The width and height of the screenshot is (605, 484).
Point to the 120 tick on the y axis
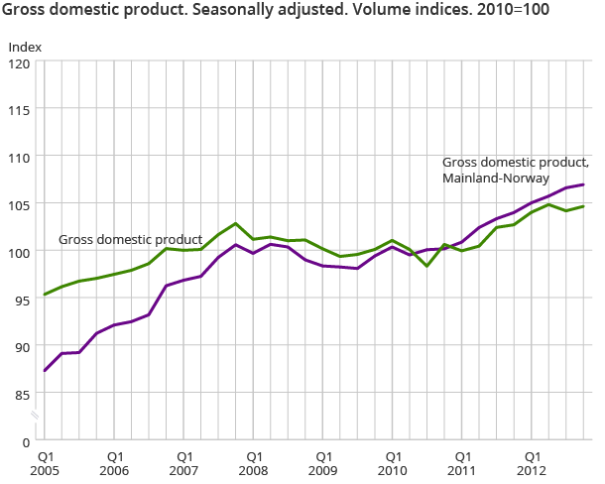click(21, 61)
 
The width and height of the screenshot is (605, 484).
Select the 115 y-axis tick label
click(21, 109)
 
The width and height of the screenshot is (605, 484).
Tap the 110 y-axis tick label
click(21, 157)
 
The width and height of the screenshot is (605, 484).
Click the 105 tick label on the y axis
click(21, 204)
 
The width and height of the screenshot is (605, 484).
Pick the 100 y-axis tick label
click(21, 252)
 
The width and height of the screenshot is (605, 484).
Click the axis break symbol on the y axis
click(37, 416)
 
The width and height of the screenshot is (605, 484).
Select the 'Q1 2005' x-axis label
click(46, 463)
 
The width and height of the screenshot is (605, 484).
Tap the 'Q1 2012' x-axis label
click(532, 463)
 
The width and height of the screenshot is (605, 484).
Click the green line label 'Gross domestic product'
click(130, 240)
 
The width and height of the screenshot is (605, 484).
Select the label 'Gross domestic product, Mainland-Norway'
click(516, 171)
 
